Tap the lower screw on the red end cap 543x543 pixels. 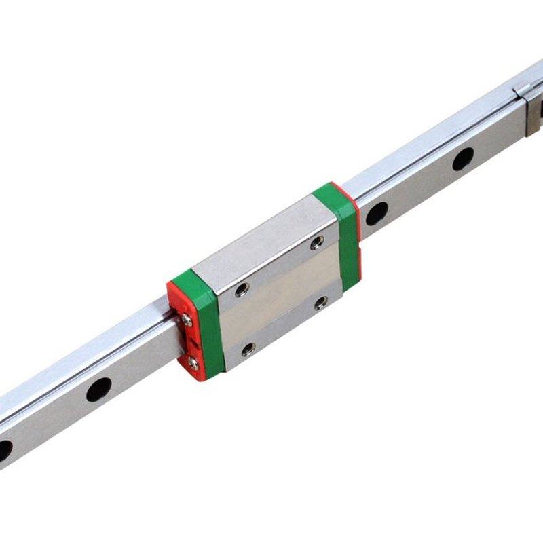coord(193,362)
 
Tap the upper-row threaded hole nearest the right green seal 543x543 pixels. coord(317,243)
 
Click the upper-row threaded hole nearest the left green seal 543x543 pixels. coord(241,289)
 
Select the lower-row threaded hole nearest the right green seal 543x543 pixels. coord(321,302)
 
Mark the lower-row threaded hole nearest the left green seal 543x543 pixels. coord(248,350)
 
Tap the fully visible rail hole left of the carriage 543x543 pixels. coord(98,390)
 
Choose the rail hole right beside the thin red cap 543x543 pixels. coord(376,213)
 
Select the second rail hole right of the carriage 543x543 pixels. coord(463,159)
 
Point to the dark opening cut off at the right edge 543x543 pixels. coord(540,109)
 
